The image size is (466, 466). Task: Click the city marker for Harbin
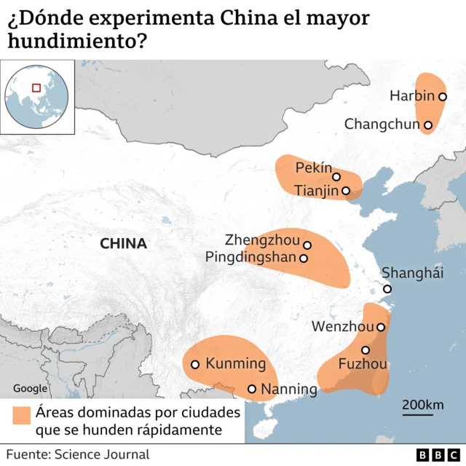click(x=442, y=96)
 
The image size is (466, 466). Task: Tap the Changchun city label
click(x=382, y=125)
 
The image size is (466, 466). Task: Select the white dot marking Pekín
click(x=336, y=176)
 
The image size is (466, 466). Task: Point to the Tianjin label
click(x=317, y=191)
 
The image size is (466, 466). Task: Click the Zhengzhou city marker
click(x=307, y=245)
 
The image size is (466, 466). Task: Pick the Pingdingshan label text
click(x=251, y=257)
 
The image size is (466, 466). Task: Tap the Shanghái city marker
click(x=387, y=289)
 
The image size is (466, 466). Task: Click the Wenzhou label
click(x=342, y=327)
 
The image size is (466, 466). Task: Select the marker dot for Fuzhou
click(x=366, y=350)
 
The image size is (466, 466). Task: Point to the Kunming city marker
click(x=195, y=364)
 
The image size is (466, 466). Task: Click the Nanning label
click(x=289, y=389)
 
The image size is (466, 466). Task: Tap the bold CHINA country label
click(x=123, y=244)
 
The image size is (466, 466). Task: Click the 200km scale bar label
click(x=422, y=405)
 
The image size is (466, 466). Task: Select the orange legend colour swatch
click(x=21, y=414)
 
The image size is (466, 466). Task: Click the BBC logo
click(x=433, y=455)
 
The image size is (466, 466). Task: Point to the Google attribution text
click(x=30, y=389)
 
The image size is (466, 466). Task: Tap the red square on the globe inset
click(x=35, y=88)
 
